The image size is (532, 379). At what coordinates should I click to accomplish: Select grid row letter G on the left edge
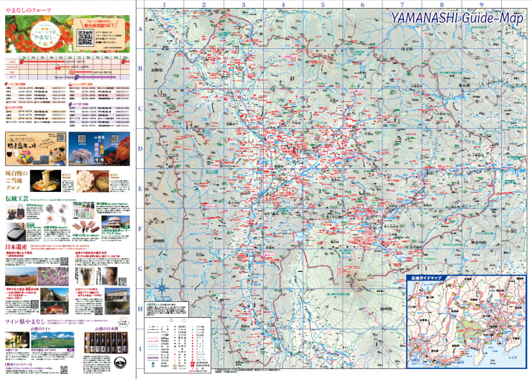[139, 268]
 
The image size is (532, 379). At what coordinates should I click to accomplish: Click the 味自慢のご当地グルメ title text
[17, 178]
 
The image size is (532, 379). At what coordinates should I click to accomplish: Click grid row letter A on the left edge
[139, 29]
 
